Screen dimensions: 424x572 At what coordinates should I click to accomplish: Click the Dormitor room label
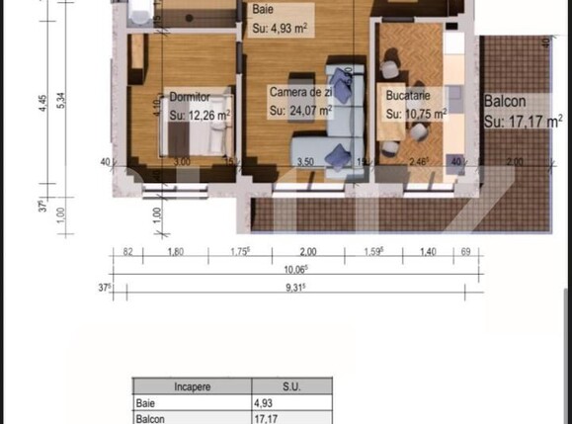click(187, 98)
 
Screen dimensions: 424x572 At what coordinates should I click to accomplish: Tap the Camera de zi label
click(299, 92)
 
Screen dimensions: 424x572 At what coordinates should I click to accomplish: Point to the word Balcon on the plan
click(505, 101)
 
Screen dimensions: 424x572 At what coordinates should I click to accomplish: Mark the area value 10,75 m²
click(415, 115)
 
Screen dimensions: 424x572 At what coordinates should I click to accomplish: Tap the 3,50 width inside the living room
click(305, 161)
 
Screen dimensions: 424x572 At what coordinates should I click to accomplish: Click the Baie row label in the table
click(145, 403)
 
